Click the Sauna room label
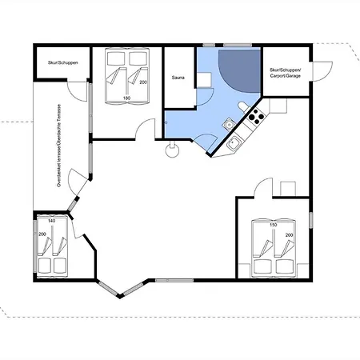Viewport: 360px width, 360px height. click(178, 78)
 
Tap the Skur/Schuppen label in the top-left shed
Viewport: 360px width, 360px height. click(63, 62)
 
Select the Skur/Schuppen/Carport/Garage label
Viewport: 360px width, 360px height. click(285, 73)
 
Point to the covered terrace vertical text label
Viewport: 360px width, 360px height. click(59, 146)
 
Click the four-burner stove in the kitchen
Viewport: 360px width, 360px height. click(256, 116)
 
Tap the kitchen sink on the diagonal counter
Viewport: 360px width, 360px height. click(234, 143)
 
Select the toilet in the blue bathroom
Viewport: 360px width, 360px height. click(243, 107)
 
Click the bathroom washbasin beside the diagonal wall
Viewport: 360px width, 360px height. click(229, 124)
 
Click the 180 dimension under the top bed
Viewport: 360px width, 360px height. click(126, 98)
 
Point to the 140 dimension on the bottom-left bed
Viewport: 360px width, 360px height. click(51, 221)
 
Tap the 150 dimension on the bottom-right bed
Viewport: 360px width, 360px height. click(274, 225)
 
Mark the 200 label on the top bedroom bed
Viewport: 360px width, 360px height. click(143, 82)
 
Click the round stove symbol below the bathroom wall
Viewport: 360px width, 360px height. click(172, 151)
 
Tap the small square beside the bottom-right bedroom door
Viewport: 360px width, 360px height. click(288, 189)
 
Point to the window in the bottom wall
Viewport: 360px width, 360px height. click(174, 280)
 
